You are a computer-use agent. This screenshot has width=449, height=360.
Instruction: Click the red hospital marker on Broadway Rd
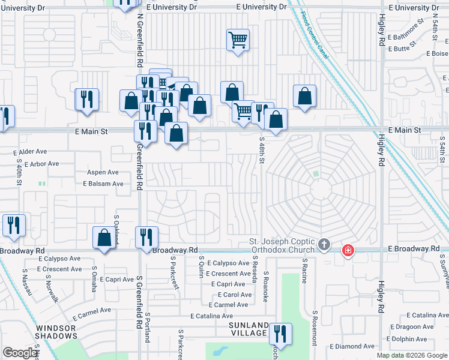pos(348,250)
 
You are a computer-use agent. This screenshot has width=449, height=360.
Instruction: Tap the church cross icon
pos(324,244)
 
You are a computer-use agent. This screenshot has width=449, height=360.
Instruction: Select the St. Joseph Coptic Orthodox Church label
pos(282,246)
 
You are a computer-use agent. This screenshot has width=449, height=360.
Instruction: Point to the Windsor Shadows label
pos(55,332)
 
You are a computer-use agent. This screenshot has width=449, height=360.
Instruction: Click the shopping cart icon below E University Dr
pos(238,40)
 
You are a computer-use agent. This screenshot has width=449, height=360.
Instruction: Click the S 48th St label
pos(262,152)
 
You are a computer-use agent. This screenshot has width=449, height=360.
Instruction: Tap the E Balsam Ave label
pos(103,184)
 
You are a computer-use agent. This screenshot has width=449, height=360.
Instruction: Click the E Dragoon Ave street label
pos(414,326)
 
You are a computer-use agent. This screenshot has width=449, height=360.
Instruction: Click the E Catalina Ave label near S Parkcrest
pos(211,316)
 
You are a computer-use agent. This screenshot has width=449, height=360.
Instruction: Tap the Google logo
pos(20,353)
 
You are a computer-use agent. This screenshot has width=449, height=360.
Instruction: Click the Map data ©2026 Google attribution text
pos(411,355)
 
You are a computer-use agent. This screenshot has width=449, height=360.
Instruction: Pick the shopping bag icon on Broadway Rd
pos(104,238)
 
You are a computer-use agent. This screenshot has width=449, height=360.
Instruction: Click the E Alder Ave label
pos(29,152)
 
